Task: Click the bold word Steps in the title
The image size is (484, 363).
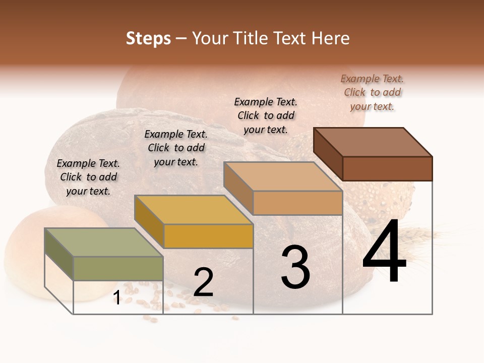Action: [x=148, y=38]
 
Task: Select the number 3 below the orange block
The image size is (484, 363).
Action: [x=295, y=267]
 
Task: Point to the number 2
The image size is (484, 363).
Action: [x=203, y=283]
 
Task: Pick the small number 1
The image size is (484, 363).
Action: [x=116, y=298]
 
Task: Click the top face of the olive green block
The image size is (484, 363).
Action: [x=103, y=243]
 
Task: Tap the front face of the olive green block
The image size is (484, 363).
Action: [x=118, y=268]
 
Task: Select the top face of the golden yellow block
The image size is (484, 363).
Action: [x=194, y=210]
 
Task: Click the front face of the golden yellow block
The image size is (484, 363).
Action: [x=208, y=236]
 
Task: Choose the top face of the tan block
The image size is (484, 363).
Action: [x=283, y=176]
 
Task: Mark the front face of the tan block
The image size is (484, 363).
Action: [x=297, y=203]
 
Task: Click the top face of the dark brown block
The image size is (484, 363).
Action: [x=373, y=142]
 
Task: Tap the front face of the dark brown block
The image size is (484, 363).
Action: [x=387, y=168]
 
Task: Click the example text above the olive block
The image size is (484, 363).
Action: [x=88, y=177]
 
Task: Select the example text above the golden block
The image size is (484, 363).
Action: [x=176, y=148]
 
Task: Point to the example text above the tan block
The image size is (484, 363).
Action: [x=266, y=115]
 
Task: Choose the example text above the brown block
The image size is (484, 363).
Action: [x=372, y=92]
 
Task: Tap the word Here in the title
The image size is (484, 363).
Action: [x=331, y=38]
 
